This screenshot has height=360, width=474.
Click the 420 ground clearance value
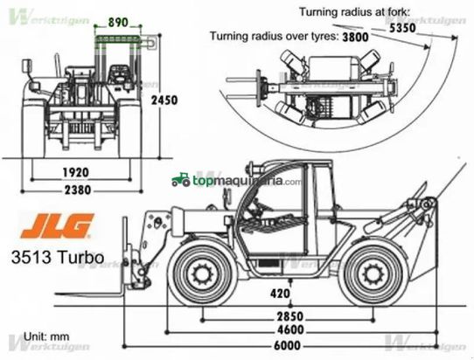(x=279, y=293)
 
